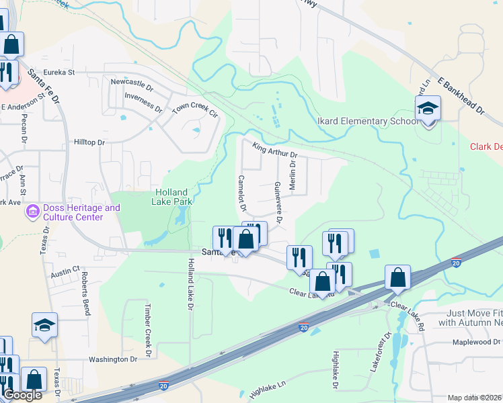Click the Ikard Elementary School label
[x=367, y=122]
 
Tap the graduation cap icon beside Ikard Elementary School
[x=428, y=108]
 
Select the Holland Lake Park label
[x=170, y=196]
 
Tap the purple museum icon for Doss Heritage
[x=31, y=212]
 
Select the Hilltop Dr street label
[x=89, y=142]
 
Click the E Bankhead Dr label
[x=461, y=95]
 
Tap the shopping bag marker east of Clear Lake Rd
[x=398, y=276]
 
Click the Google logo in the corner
[x=22, y=395]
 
